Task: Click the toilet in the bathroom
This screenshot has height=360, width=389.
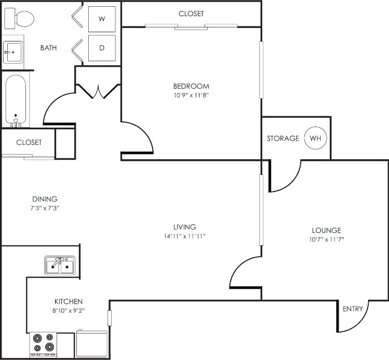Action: click(x=19, y=20)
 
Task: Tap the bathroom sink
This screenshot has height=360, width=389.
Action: click(x=13, y=52)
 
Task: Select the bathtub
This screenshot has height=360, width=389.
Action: click(x=16, y=99)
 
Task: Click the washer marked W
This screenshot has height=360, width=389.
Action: click(x=102, y=20)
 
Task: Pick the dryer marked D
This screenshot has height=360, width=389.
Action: click(x=102, y=48)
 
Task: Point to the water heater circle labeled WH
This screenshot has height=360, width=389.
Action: click(x=315, y=139)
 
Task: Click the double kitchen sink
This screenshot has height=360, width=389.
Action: click(x=60, y=266)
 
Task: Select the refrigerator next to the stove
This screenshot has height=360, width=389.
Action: click(x=91, y=343)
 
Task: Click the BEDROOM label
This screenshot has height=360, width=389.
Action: click(x=191, y=86)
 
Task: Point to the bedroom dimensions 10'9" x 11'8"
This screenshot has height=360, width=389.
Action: click(x=191, y=95)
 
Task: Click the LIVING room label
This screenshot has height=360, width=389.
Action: click(x=185, y=227)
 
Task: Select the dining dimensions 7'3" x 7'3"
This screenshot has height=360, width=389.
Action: click(x=45, y=207)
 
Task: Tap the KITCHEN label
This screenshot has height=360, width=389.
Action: click(x=69, y=301)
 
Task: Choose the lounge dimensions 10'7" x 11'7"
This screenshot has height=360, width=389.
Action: click(x=326, y=239)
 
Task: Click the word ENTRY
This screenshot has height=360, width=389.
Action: click(x=353, y=309)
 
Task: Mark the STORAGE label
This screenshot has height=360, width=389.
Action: click(x=283, y=139)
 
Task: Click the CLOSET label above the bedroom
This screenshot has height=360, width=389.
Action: click(x=191, y=13)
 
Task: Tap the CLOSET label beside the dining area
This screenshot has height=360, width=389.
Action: click(x=29, y=142)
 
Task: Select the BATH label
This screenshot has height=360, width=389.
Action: click(x=48, y=48)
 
